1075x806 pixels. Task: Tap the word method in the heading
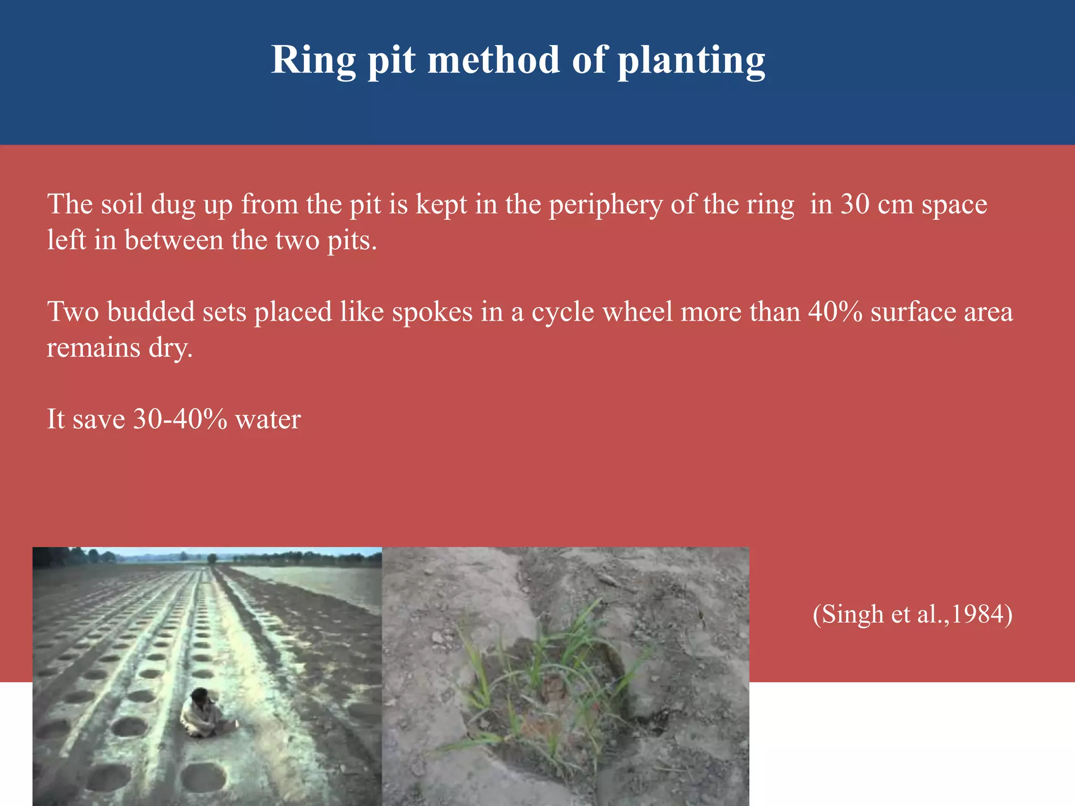[x=493, y=60]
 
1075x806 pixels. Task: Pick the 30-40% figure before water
[x=180, y=419]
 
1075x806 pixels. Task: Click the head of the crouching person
[x=200, y=696]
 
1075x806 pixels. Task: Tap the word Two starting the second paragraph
[x=73, y=312]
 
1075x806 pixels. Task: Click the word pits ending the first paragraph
[x=351, y=240]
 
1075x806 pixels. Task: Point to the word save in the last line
[x=99, y=419]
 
